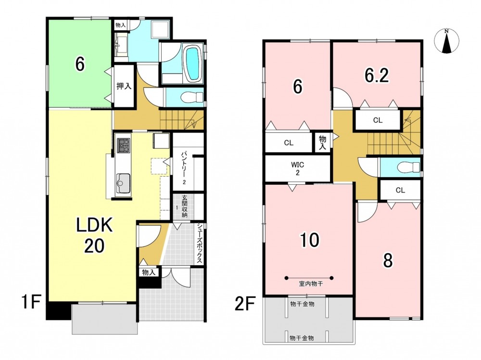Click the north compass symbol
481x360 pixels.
point(447,41)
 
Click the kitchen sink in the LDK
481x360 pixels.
point(123,183)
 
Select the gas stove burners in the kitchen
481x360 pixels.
point(123,145)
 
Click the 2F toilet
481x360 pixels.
point(408,167)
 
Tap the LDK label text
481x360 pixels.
point(94,226)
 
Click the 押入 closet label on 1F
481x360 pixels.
point(124,86)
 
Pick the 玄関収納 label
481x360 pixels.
point(184,206)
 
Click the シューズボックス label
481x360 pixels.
point(200,243)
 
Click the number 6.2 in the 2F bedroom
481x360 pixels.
point(377,75)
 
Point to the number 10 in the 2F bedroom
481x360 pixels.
point(309,240)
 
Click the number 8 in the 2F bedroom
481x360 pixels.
point(388,261)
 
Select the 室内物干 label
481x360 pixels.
point(311,284)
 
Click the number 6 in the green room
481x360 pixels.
point(80,64)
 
